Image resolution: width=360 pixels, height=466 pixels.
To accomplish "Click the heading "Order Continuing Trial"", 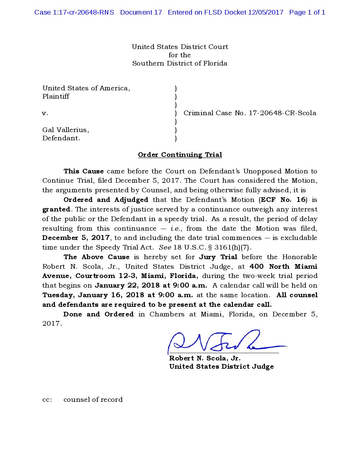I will [180, 155].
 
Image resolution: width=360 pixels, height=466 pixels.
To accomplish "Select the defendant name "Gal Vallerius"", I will [65, 130].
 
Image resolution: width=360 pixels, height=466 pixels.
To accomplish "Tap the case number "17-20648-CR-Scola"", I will [282, 113].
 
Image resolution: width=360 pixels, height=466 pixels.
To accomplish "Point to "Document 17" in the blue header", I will [141, 12].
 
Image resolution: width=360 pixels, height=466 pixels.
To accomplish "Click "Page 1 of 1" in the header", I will [307, 12].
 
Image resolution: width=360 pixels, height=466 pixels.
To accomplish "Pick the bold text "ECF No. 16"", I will [283, 200].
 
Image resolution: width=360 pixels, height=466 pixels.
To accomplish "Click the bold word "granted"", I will [56, 209].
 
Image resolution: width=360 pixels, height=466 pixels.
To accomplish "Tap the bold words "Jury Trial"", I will [218, 257].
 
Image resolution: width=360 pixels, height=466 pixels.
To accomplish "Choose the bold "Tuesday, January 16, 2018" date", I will [93, 295].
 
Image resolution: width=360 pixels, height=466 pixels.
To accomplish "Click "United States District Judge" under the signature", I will [221, 366].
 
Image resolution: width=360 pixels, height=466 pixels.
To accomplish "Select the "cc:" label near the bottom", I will [47, 399].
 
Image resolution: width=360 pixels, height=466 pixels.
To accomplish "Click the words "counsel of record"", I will [93, 399].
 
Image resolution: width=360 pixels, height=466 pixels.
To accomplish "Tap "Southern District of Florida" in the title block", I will [180, 63].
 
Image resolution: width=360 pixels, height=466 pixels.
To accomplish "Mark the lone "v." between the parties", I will [45, 113].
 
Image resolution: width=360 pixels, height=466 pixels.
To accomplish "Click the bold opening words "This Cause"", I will [83, 171].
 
